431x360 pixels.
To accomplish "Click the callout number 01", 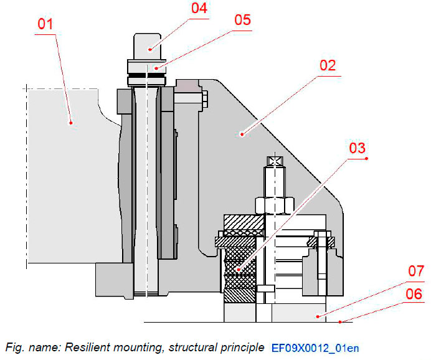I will click(45, 25).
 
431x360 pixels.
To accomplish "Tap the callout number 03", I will click(357, 148).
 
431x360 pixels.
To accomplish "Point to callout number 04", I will click(199, 8).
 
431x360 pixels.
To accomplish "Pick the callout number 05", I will click(242, 20).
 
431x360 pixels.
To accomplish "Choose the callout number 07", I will click(415, 271).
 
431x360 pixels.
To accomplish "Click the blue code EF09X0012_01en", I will click(316, 347).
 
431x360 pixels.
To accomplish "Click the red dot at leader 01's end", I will click(71, 122).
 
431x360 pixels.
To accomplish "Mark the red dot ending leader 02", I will click(242, 132).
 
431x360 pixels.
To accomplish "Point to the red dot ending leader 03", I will click(237, 270).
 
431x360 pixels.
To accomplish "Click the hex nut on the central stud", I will click(274, 204).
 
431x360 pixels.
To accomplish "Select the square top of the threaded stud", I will click(274, 161).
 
